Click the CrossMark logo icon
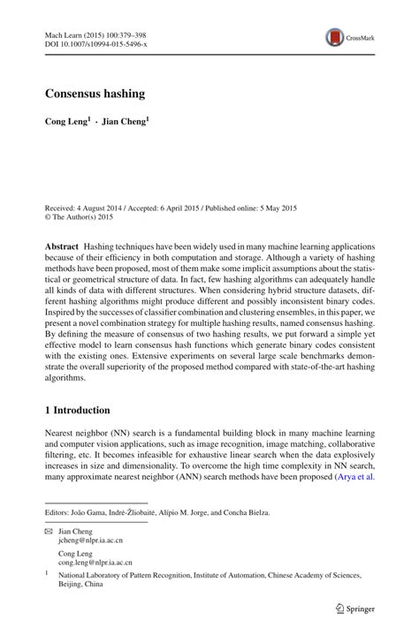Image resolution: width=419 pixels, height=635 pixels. [335, 37]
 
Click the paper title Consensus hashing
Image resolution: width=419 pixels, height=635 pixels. [96, 93]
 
